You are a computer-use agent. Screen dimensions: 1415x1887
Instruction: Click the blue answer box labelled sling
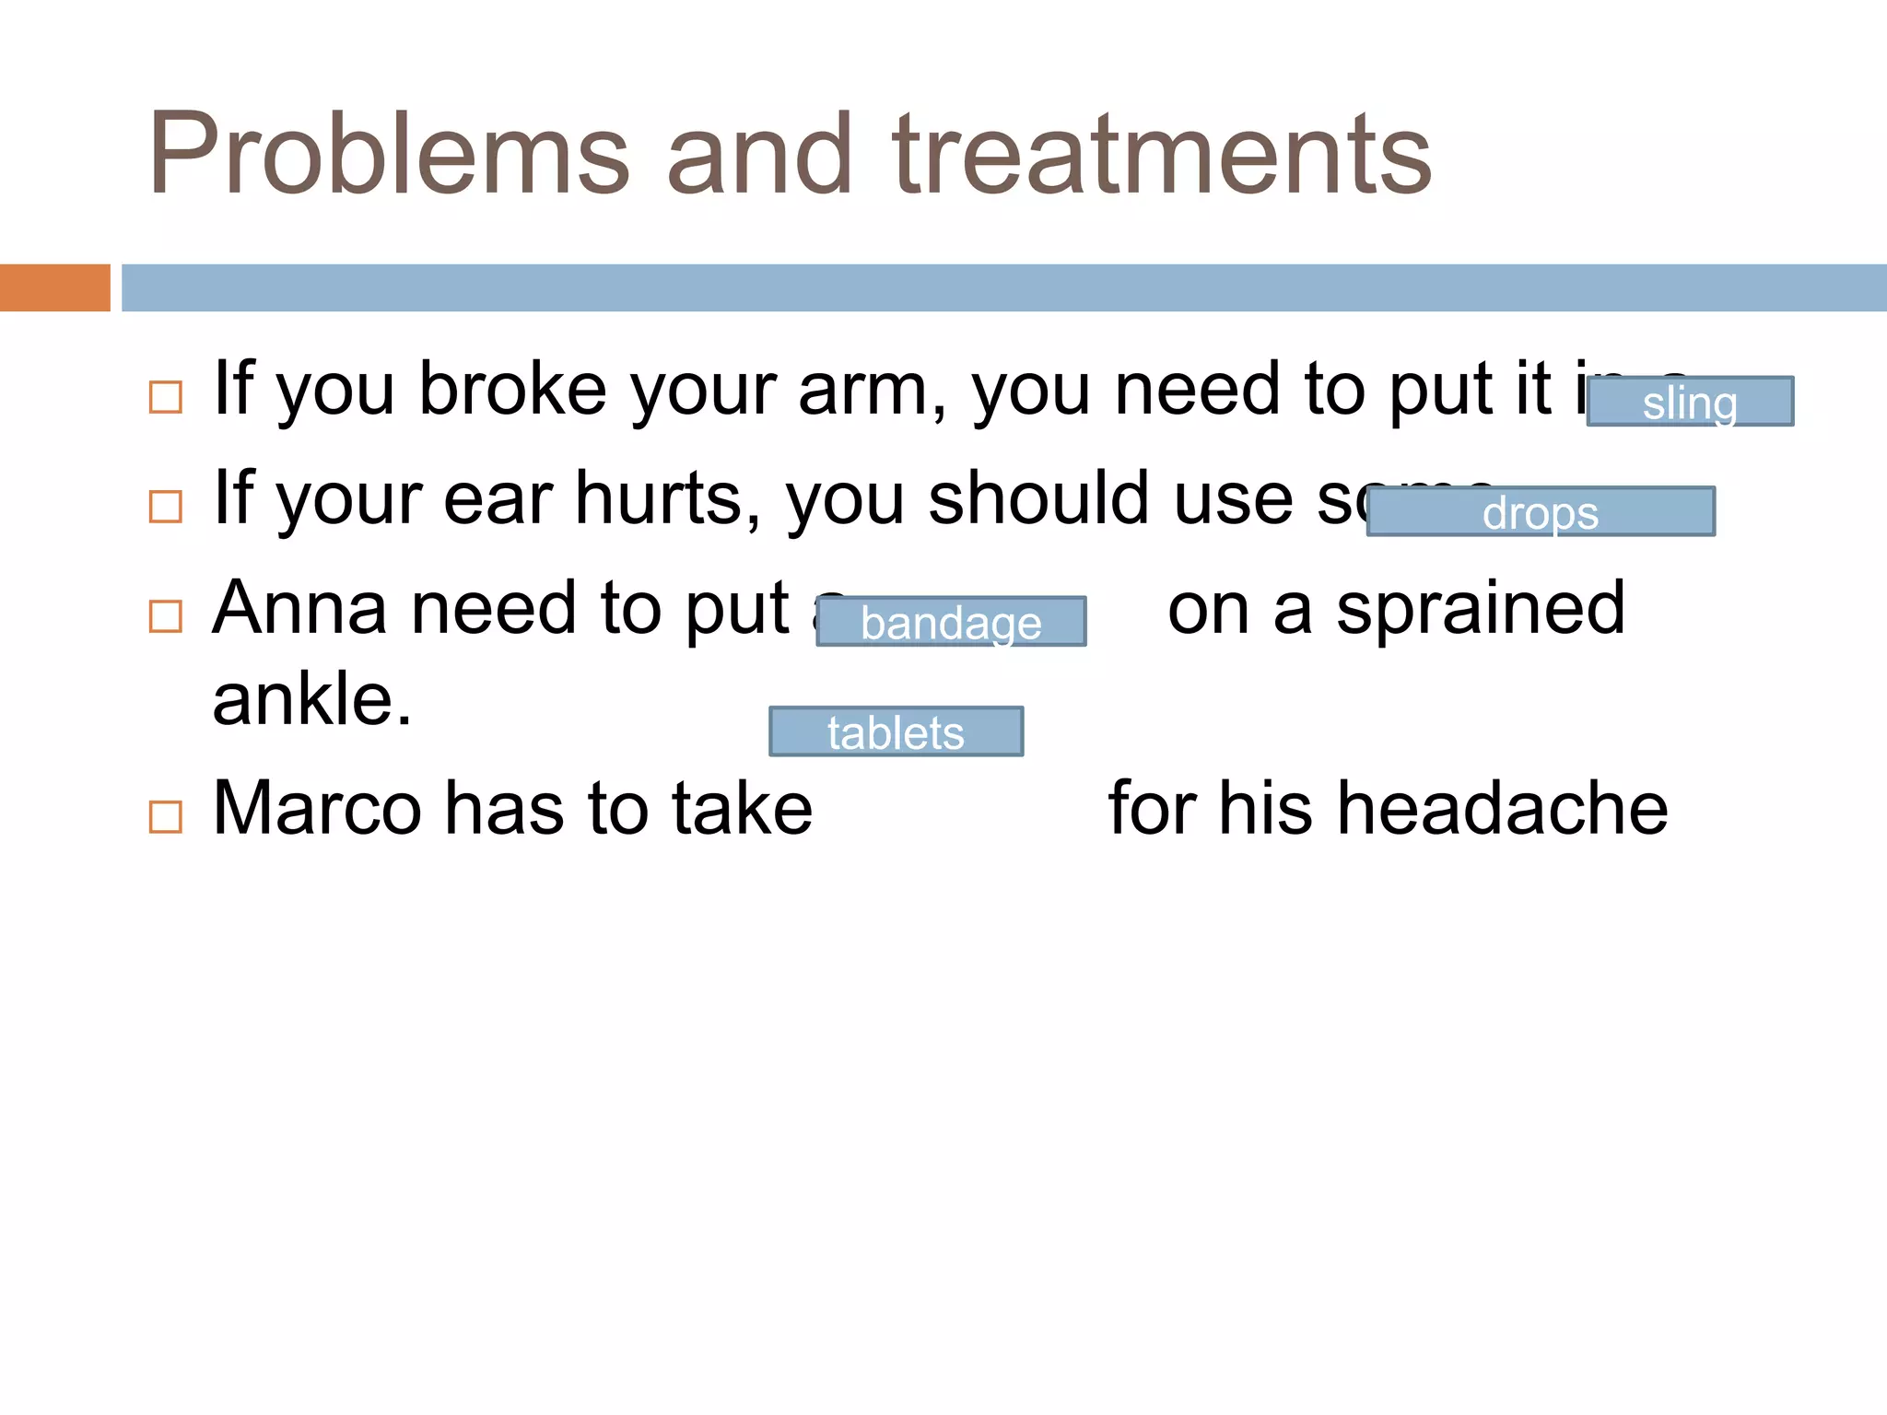pos(1690,402)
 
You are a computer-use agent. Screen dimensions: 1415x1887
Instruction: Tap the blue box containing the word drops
pos(1541,511)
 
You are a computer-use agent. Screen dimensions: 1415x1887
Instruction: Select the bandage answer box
pos(951,622)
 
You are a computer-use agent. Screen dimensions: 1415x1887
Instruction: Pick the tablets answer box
pos(896,731)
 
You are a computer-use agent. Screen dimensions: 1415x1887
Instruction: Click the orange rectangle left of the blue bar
pos(54,287)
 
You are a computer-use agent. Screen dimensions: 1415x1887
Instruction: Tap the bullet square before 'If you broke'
pos(166,397)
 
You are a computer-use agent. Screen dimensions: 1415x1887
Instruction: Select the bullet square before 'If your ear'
pos(166,507)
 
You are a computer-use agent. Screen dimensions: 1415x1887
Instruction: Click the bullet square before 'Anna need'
pos(166,616)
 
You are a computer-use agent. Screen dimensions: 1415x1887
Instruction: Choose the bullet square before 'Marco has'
pos(166,816)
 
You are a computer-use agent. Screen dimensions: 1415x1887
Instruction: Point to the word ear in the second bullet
pos(498,499)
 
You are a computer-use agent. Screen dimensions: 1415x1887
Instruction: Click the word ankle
pos(311,700)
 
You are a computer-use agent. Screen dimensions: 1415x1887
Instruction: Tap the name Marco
pos(318,809)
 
